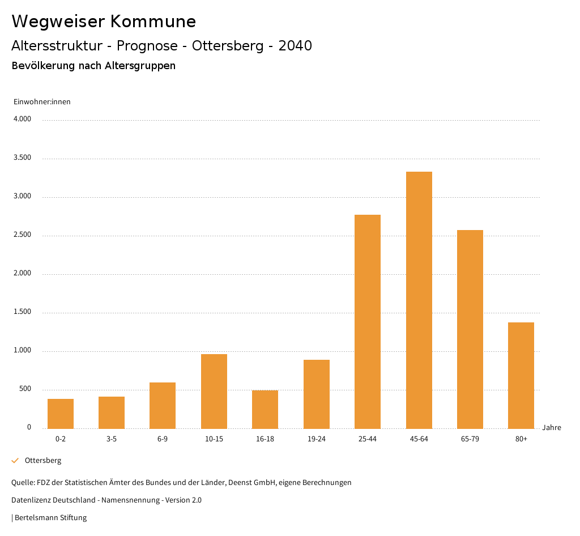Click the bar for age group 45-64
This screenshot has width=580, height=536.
[x=419, y=300]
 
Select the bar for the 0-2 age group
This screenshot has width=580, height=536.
[x=61, y=414]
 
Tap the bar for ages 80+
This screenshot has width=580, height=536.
[x=521, y=375]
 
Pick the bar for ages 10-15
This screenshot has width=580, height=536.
[x=214, y=391]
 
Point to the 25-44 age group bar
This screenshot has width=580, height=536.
[x=368, y=321]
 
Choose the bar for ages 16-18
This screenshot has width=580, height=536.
[x=265, y=409]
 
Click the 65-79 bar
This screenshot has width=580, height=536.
[x=470, y=329]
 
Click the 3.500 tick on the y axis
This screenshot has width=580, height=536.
[x=22, y=158]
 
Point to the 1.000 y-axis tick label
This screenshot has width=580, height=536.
[x=22, y=351]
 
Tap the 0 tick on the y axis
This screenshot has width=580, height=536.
[x=29, y=428]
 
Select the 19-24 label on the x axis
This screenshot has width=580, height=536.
[x=317, y=439]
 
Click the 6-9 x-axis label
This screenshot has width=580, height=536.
[x=163, y=439]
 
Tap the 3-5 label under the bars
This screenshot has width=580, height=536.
[x=112, y=439]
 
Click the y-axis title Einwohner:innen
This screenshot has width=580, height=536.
[x=42, y=102]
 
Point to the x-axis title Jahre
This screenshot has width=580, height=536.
[x=552, y=428]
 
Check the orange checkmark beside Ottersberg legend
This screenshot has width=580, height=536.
[x=15, y=461]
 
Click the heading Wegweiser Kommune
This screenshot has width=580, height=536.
[x=104, y=22]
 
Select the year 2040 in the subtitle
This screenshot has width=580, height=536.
[x=295, y=46]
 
